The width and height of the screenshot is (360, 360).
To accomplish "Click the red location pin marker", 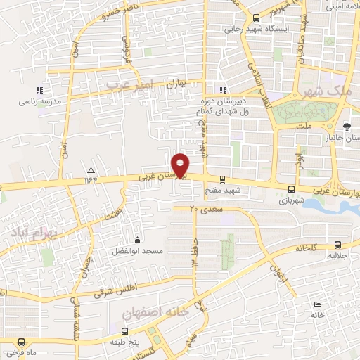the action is point(181,166).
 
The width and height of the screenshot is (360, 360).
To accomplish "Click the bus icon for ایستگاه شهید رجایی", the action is point(255,18).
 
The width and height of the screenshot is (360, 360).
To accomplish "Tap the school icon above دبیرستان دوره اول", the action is point(223,89).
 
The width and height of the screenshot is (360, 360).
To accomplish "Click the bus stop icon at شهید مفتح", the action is point(222,179).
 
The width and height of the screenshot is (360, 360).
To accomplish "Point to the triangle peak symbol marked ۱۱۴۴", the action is point(90,171).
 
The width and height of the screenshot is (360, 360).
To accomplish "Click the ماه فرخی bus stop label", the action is point(26,352).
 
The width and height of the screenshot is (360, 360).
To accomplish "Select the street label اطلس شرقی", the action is point(98,288).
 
